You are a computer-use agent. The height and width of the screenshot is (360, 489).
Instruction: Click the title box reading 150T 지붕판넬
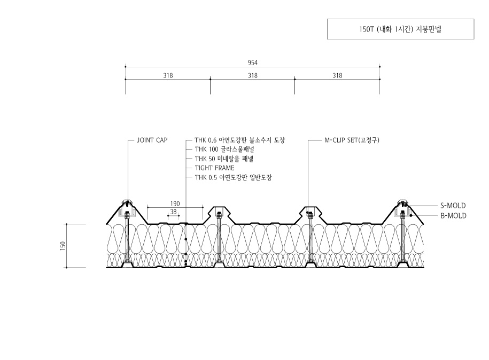tap(400, 29)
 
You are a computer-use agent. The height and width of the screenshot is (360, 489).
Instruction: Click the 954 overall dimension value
tap(253, 63)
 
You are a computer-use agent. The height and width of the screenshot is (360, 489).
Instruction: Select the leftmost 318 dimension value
tap(168, 75)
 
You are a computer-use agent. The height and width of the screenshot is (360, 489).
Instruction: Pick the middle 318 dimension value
tap(253, 75)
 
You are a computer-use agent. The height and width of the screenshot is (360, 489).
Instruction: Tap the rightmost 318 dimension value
tap(337, 75)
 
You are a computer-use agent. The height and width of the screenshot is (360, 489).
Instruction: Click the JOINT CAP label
tap(152, 140)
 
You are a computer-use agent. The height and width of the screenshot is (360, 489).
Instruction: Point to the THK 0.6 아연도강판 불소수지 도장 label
tap(239, 140)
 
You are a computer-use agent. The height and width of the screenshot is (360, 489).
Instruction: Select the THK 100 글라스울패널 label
tap(224, 150)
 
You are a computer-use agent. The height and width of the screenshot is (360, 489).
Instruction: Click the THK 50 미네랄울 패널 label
tap(224, 159)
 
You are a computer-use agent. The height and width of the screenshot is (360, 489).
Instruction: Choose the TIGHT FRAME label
tap(214, 168)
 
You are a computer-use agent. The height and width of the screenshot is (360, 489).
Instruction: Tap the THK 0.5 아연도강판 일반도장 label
tap(233, 177)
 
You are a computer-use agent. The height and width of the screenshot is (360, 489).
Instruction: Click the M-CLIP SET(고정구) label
tap(352, 140)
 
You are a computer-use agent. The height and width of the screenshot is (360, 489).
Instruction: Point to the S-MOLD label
tap(453, 206)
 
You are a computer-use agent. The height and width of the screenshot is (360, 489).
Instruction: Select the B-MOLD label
tap(453, 216)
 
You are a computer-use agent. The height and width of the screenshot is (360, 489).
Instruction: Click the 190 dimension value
tap(175, 204)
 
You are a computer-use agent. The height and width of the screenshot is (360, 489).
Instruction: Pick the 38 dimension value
tap(173, 212)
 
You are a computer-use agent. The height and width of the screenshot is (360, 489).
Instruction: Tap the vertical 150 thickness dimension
tap(63, 246)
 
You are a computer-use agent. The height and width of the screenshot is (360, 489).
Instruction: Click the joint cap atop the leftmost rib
tap(128, 200)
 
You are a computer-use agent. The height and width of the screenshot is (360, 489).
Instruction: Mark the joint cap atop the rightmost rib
tap(402, 200)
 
